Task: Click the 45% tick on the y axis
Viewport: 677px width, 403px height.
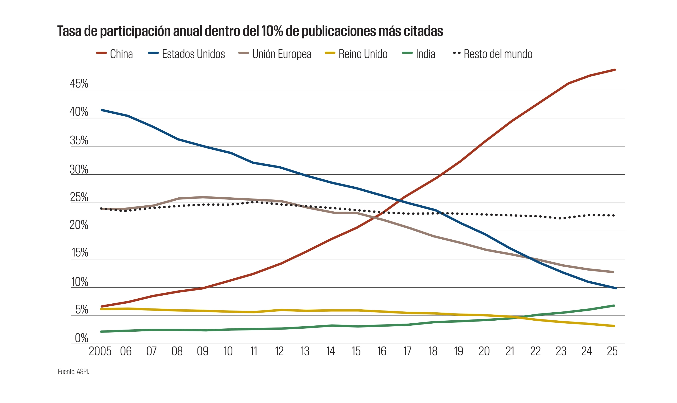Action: (x=79, y=84)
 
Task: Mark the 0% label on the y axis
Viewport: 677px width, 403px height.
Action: (x=81, y=338)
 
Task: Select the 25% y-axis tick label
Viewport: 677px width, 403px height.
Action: (x=79, y=197)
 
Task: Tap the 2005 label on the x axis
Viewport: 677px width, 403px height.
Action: (x=100, y=351)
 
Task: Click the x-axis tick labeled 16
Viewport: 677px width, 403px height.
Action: (x=381, y=351)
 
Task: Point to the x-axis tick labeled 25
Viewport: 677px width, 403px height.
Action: (x=612, y=351)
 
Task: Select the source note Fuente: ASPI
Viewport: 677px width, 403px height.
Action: (x=73, y=372)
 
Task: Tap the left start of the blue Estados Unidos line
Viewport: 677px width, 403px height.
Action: (x=102, y=110)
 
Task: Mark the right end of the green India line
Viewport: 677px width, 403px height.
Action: (x=614, y=306)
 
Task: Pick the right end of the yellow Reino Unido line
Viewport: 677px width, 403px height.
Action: (x=614, y=326)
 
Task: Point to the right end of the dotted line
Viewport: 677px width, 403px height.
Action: (x=614, y=216)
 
